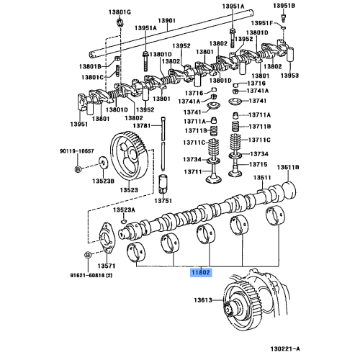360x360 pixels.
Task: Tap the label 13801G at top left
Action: click(x=120, y=13)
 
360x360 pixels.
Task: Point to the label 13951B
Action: click(x=285, y=6)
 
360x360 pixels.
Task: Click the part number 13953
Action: click(x=289, y=75)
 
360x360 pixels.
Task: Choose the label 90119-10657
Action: click(x=76, y=152)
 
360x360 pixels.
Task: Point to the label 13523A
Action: click(x=123, y=210)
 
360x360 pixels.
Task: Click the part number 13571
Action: click(x=106, y=266)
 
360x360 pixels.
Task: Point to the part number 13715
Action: click(x=258, y=166)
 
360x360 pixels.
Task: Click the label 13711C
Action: click(x=258, y=140)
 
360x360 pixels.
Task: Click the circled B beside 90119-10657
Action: click(x=78, y=169)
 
